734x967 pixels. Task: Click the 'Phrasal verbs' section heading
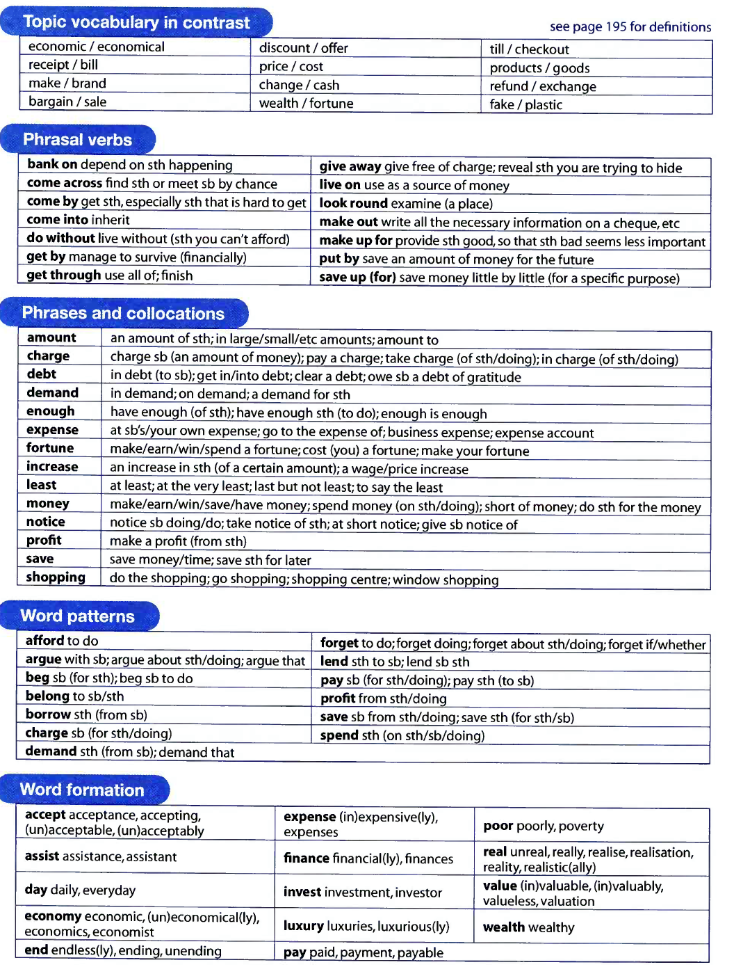coord(77,140)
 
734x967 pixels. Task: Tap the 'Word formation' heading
coord(82,790)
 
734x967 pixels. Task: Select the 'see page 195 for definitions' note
coord(630,27)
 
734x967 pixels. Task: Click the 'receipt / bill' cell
coord(63,65)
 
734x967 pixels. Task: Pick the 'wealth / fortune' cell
coord(306,104)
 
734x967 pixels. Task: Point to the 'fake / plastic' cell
coord(525,105)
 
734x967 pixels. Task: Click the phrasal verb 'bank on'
coord(52,165)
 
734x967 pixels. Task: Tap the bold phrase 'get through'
coord(64,275)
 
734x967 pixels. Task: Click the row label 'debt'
coord(42,374)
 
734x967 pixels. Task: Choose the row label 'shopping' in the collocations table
coord(56,577)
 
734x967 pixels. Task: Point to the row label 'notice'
coord(46,522)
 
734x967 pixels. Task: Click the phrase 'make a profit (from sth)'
coord(178,541)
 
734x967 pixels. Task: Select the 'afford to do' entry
coord(62,641)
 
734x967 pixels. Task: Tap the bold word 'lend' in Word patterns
coord(334,662)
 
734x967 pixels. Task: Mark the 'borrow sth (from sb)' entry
coord(86,714)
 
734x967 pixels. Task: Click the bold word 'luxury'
coord(304,926)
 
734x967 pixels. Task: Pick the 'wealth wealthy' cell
coord(529,927)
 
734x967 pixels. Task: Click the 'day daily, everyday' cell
coord(80,890)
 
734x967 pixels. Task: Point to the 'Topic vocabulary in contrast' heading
coord(136,22)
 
